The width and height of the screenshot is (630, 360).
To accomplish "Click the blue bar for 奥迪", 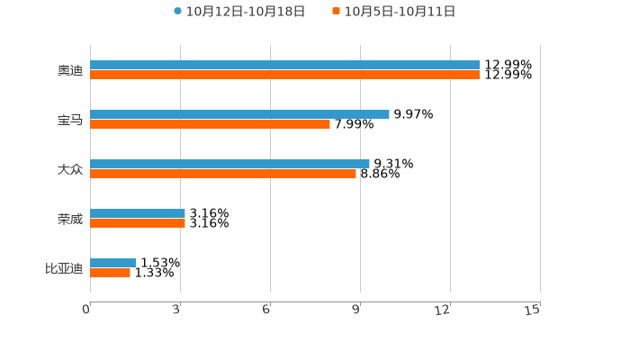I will pos(284,65).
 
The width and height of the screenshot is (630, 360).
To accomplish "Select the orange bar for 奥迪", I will pos(284,75).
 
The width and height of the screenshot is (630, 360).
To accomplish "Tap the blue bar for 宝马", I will pos(239,114).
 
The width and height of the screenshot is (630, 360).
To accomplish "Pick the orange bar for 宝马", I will pos(210,124).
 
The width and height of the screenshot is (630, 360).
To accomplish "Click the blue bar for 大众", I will pos(229,164).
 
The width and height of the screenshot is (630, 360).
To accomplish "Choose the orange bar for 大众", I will pos(223,174).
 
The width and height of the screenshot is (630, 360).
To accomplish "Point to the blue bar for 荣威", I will pos(138,213).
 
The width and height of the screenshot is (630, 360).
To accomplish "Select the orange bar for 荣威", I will pos(138,223).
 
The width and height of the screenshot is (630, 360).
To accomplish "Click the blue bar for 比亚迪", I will pos(112,263).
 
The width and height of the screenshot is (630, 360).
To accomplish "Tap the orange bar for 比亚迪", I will pos(110,273).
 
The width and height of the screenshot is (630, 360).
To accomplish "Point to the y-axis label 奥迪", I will pos(70,70).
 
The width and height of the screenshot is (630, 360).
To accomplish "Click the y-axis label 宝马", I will pos(70,120).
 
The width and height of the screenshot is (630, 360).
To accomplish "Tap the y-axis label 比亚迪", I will pos(64,268).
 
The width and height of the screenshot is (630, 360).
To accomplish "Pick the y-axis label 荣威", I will pos(70,219).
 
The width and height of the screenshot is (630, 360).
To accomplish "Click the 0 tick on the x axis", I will pos(86,310).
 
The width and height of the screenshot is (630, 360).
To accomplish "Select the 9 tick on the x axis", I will pos(356,310).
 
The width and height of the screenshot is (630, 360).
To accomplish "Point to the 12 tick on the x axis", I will pos(443,310).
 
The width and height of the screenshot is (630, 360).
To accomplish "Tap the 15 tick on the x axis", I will pos(533,310).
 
